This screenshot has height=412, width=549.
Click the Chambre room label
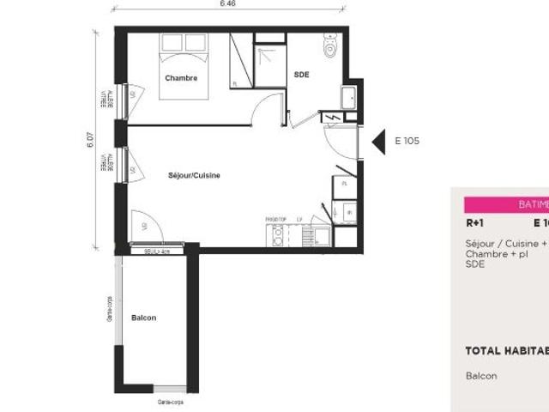[x=181, y=78]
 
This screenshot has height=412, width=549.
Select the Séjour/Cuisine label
[x=195, y=175]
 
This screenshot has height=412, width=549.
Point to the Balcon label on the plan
[x=144, y=318]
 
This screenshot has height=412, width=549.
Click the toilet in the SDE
[x=331, y=48]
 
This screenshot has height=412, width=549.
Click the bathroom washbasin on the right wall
[x=350, y=97]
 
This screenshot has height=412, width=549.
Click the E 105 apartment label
[x=407, y=142]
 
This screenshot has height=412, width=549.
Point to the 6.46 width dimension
[x=227, y=4]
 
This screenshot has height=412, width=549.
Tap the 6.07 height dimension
[x=89, y=139]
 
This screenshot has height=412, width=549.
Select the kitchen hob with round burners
[x=277, y=234]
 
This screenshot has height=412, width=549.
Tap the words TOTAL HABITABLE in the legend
[x=506, y=350]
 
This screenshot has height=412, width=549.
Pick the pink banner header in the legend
[x=506, y=205]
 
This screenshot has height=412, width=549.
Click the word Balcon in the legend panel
[x=481, y=376]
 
